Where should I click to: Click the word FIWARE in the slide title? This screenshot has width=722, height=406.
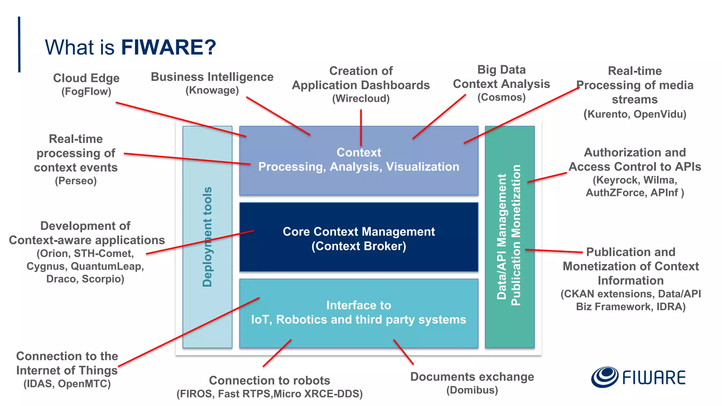tap(168, 47)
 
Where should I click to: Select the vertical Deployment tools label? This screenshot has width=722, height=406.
tap(207, 237)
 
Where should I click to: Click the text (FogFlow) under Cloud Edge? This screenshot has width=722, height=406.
tap(86, 92)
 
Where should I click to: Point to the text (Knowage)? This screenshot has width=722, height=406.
tap(212, 90)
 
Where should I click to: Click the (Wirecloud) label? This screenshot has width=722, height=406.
tap(361, 98)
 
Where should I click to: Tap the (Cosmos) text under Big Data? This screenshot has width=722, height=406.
tap(501, 97)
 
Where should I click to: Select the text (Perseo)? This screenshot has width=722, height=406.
tap(76, 181)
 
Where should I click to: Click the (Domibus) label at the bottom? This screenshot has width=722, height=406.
tap(472, 390)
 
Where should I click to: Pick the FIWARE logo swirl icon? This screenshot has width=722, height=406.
tap(605, 377)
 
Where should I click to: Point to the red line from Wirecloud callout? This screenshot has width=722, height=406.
tap(361, 127)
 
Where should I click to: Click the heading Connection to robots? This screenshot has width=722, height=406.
tap(269, 380)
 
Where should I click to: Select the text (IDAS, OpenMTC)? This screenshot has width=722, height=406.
tap(67, 384)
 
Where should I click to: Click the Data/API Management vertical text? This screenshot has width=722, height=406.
tap(502, 237)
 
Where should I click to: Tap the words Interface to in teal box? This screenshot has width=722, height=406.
tap(359, 305)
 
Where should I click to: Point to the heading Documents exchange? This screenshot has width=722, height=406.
tap(472, 377)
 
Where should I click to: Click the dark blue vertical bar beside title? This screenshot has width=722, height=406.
tap(19, 44)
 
